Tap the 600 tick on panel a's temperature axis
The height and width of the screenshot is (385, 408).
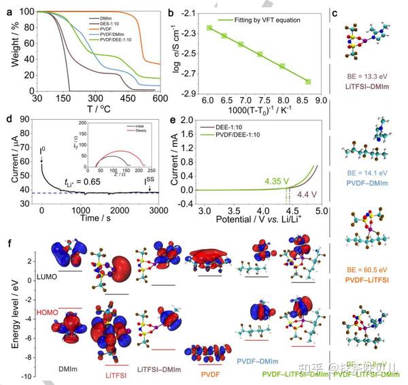pyautogui.click(x=160, y=98)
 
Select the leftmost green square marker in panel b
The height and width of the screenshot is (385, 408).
pyautogui.click(x=209, y=28)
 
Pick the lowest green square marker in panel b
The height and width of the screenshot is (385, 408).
pyautogui.click(x=308, y=82)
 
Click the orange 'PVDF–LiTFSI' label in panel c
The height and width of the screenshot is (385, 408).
pyautogui.click(x=372, y=280)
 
